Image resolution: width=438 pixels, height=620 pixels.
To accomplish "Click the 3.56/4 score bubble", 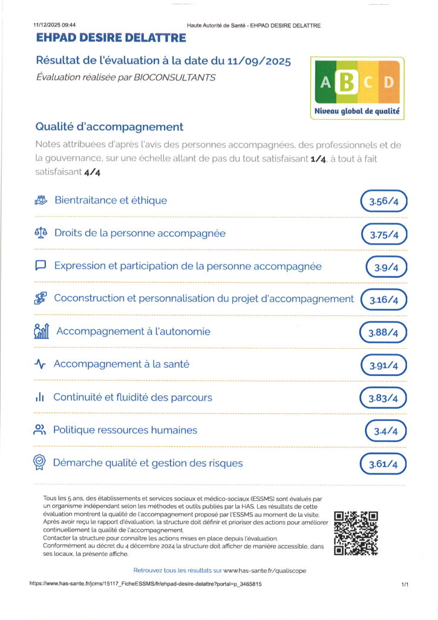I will (384, 202).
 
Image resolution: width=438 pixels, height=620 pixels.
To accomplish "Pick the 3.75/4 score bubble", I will (384, 234).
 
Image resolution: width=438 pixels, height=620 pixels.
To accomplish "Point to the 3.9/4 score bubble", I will (387, 267).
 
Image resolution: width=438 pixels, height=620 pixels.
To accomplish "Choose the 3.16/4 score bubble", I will (384, 300).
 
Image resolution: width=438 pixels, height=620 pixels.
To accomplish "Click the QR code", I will (356, 533).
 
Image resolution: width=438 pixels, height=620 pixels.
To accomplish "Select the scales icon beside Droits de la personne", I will (41, 233).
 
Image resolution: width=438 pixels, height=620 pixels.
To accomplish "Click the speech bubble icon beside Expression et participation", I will (41, 266).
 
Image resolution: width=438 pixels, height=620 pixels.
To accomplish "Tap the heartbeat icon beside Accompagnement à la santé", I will (41, 364).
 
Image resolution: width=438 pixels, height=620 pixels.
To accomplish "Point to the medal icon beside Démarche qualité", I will (40, 463).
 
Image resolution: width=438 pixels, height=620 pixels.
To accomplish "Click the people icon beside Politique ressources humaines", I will (40, 430).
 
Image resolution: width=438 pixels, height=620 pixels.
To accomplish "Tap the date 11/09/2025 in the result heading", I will (261, 61).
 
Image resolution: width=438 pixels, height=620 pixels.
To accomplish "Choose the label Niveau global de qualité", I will (356, 111).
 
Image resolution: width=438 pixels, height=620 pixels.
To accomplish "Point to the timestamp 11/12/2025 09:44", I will (54, 25).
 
